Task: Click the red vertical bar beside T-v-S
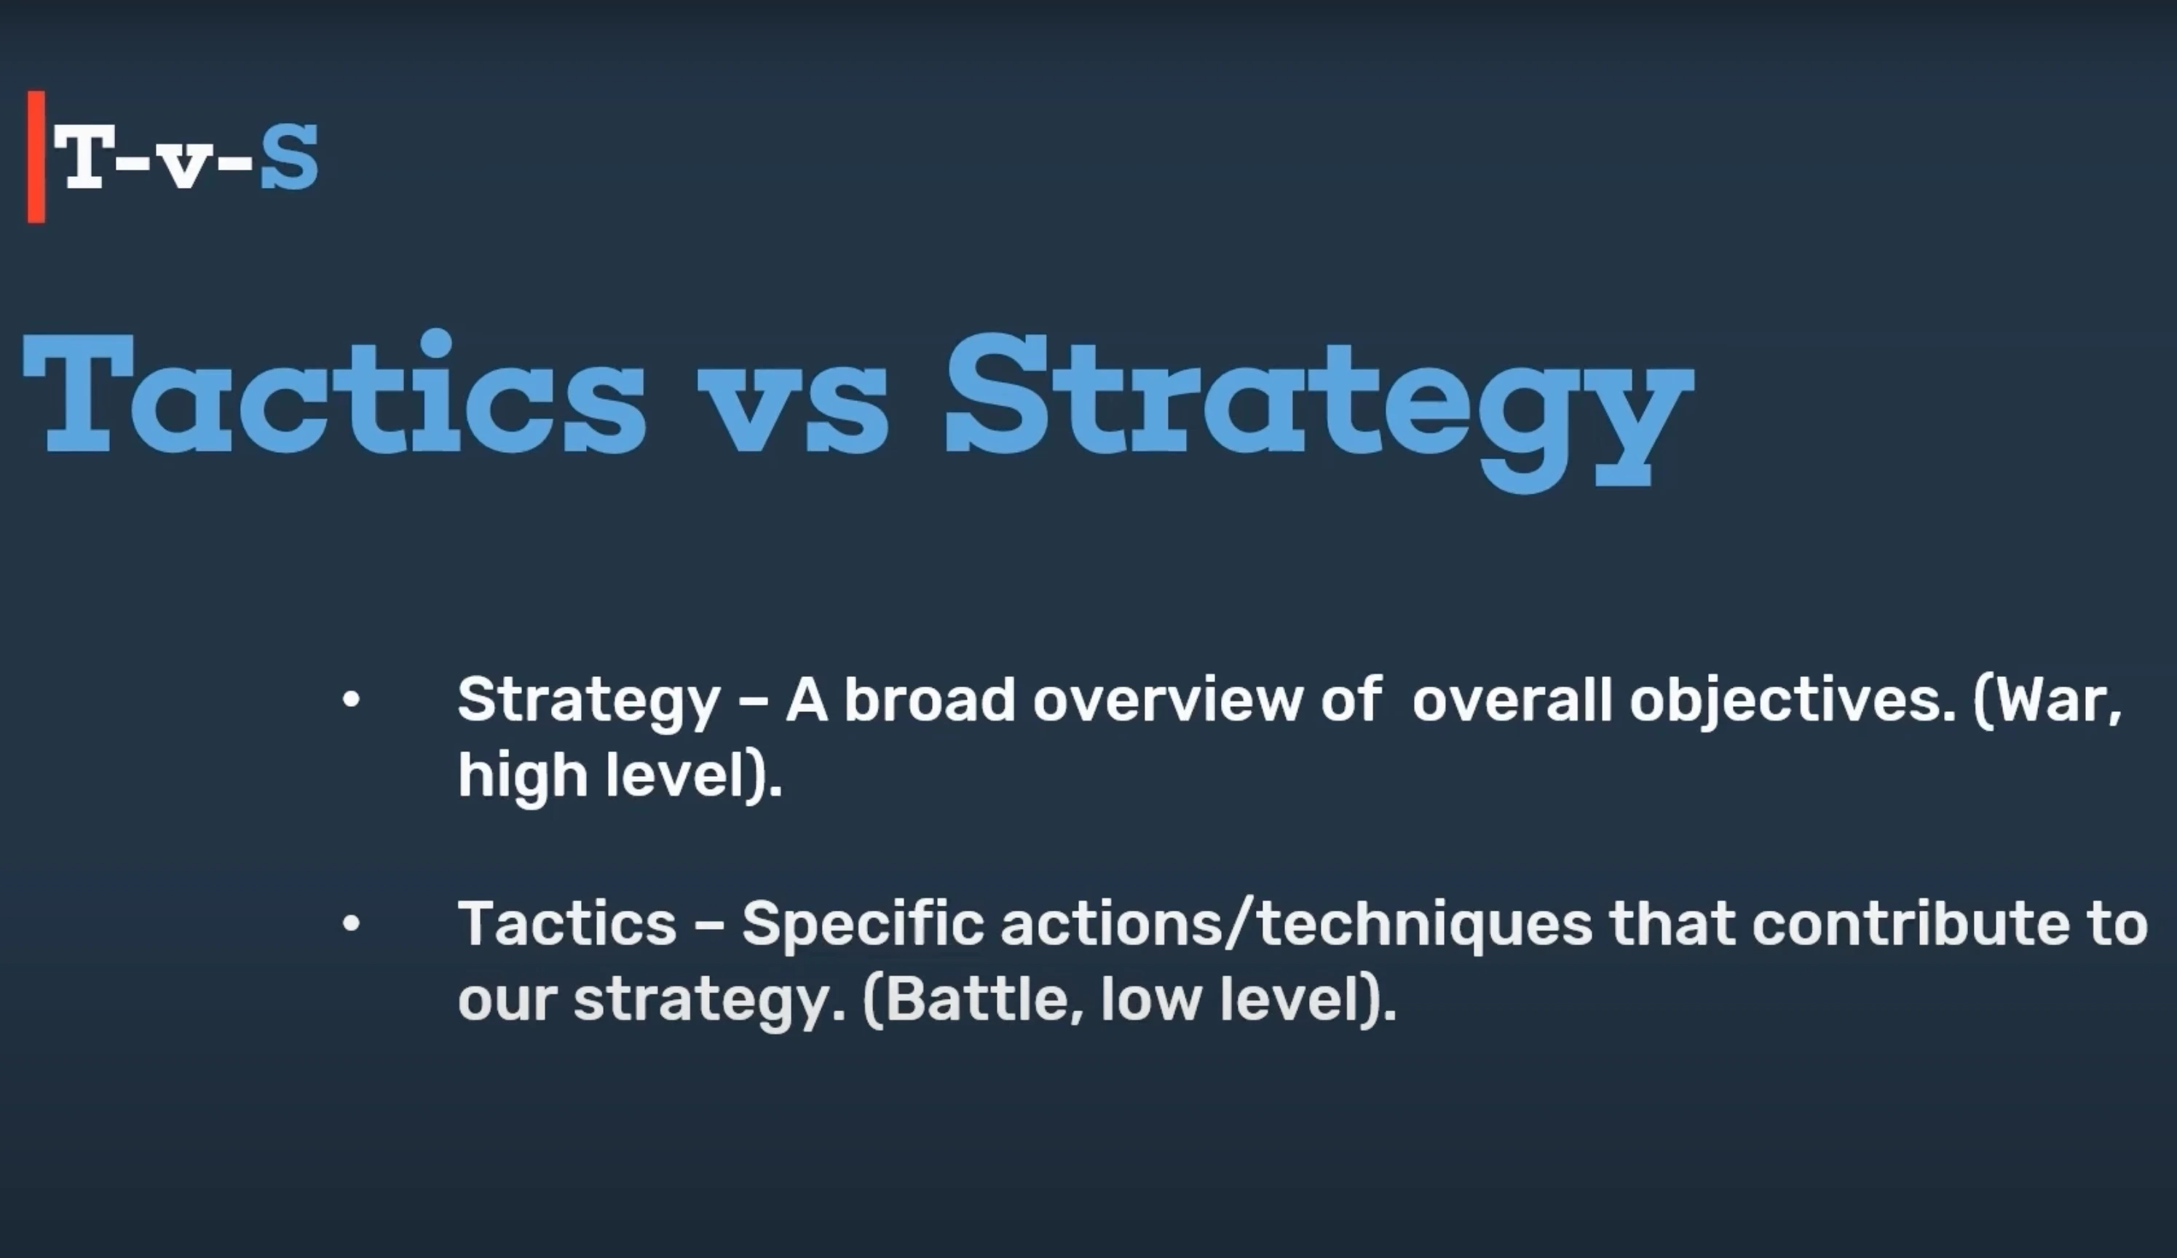pos(36,157)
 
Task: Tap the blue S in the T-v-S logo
pos(289,157)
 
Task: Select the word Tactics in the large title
pos(334,393)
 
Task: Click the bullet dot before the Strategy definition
pos(351,700)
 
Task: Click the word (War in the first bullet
pos(2047,702)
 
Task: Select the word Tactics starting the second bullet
pos(566,924)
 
